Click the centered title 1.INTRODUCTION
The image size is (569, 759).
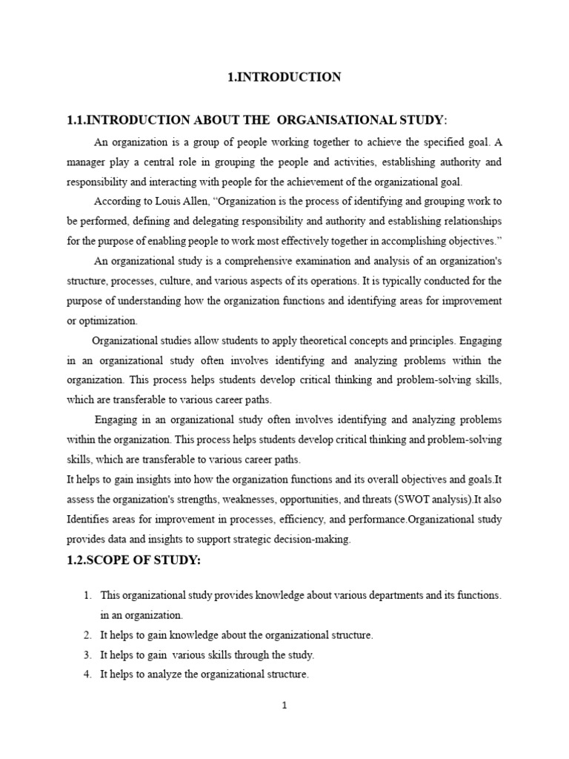pos(284,77)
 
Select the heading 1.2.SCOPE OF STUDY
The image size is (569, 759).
pos(133,560)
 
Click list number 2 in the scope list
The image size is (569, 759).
pos(87,635)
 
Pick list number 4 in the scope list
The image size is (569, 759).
pos(87,675)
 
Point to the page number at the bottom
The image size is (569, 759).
pos(284,705)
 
